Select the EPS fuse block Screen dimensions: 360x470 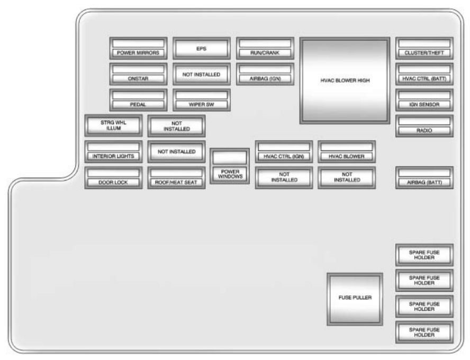pyautogui.click(x=201, y=48)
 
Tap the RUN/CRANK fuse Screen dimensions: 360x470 pyautogui.click(x=264, y=48)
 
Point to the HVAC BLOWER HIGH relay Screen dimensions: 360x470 pyautogui.click(x=345, y=80)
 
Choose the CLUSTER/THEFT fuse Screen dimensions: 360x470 pyautogui.click(x=424, y=48)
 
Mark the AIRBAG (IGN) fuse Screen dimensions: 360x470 pyautogui.click(x=264, y=74)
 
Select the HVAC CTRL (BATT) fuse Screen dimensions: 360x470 pyautogui.click(x=424, y=74)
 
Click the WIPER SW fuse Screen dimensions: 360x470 pyautogui.click(x=201, y=100)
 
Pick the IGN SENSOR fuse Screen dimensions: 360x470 pyautogui.click(x=424, y=100)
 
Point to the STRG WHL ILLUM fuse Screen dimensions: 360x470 pyautogui.click(x=114, y=125)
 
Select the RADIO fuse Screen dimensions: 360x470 pyautogui.click(x=424, y=125)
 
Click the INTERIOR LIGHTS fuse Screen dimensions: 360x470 pyautogui.click(x=114, y=151)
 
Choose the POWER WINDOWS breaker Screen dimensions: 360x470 pyautogui.click(x=229, y=166)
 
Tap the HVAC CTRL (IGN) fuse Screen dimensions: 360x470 pyautogui.click(x=284, y=151)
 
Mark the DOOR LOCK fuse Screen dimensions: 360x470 pyautogui.click(x=114, y=177)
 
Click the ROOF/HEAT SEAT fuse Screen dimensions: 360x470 pyautogui.click(x=176, y=177)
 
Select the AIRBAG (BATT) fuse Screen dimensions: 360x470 pyautogui.click(x=424, y=177)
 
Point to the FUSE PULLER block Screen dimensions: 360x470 pyautogui.click(x=355, y=298)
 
